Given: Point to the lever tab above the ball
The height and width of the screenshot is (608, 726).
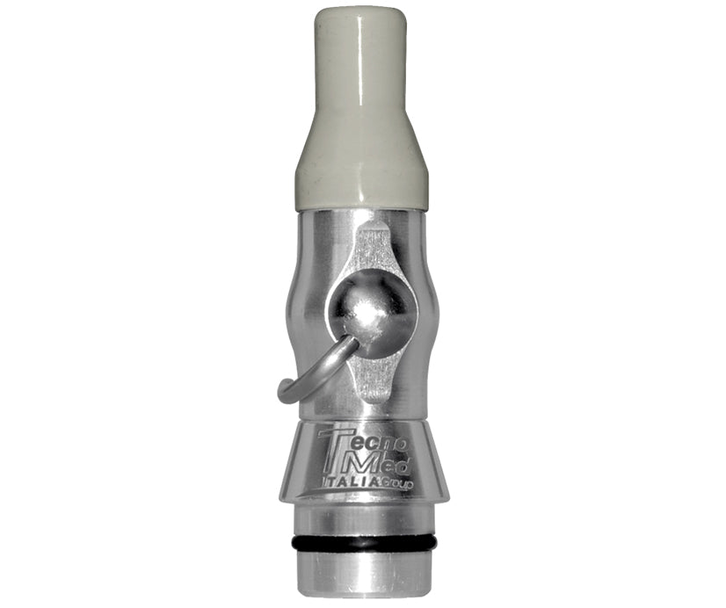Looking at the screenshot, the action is (374, 248).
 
